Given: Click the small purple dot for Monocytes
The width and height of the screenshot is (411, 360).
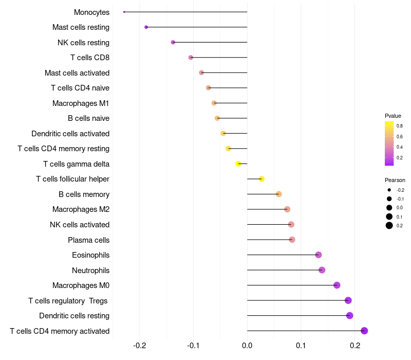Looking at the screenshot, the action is tap(124, 12).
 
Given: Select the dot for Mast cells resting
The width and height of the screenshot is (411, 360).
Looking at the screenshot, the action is tap(146, 27).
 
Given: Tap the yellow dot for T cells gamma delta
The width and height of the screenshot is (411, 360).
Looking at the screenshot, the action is tap(238, 164).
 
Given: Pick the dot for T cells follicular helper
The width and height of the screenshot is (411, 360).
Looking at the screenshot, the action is tap(261, 179).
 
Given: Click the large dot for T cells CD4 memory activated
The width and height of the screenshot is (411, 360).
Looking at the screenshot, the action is tap(364, 331).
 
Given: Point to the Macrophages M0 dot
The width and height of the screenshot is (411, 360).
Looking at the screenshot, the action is tap(337, 285).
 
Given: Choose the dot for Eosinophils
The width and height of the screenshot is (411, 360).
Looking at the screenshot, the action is tap(318, 255).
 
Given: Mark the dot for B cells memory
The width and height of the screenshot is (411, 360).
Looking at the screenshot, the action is tap(278, 194).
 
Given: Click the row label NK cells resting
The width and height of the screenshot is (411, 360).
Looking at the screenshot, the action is tap(83, 43).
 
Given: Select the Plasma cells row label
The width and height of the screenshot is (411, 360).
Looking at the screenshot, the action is tap(88, 240).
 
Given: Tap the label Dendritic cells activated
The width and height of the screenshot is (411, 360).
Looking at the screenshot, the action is tap(70, 134).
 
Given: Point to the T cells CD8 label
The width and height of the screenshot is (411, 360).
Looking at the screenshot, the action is tap(90, 58).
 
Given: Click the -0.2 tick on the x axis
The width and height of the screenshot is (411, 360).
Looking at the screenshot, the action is tap(139, 345).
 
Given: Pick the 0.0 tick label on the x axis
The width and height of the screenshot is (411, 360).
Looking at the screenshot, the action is tap(247, 345).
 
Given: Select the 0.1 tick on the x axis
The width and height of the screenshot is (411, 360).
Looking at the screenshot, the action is tap(301, 345).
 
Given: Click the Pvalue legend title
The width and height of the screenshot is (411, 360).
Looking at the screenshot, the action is tap(393, 116).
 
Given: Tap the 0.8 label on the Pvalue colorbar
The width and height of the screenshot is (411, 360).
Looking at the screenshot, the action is tap(400, 125).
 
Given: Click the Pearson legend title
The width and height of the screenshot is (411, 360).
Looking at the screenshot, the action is tap(395, 180).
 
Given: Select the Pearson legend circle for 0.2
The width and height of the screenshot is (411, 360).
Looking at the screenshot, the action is tap(389, 225).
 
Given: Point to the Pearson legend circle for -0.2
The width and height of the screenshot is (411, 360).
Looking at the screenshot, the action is tap(389, 190).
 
